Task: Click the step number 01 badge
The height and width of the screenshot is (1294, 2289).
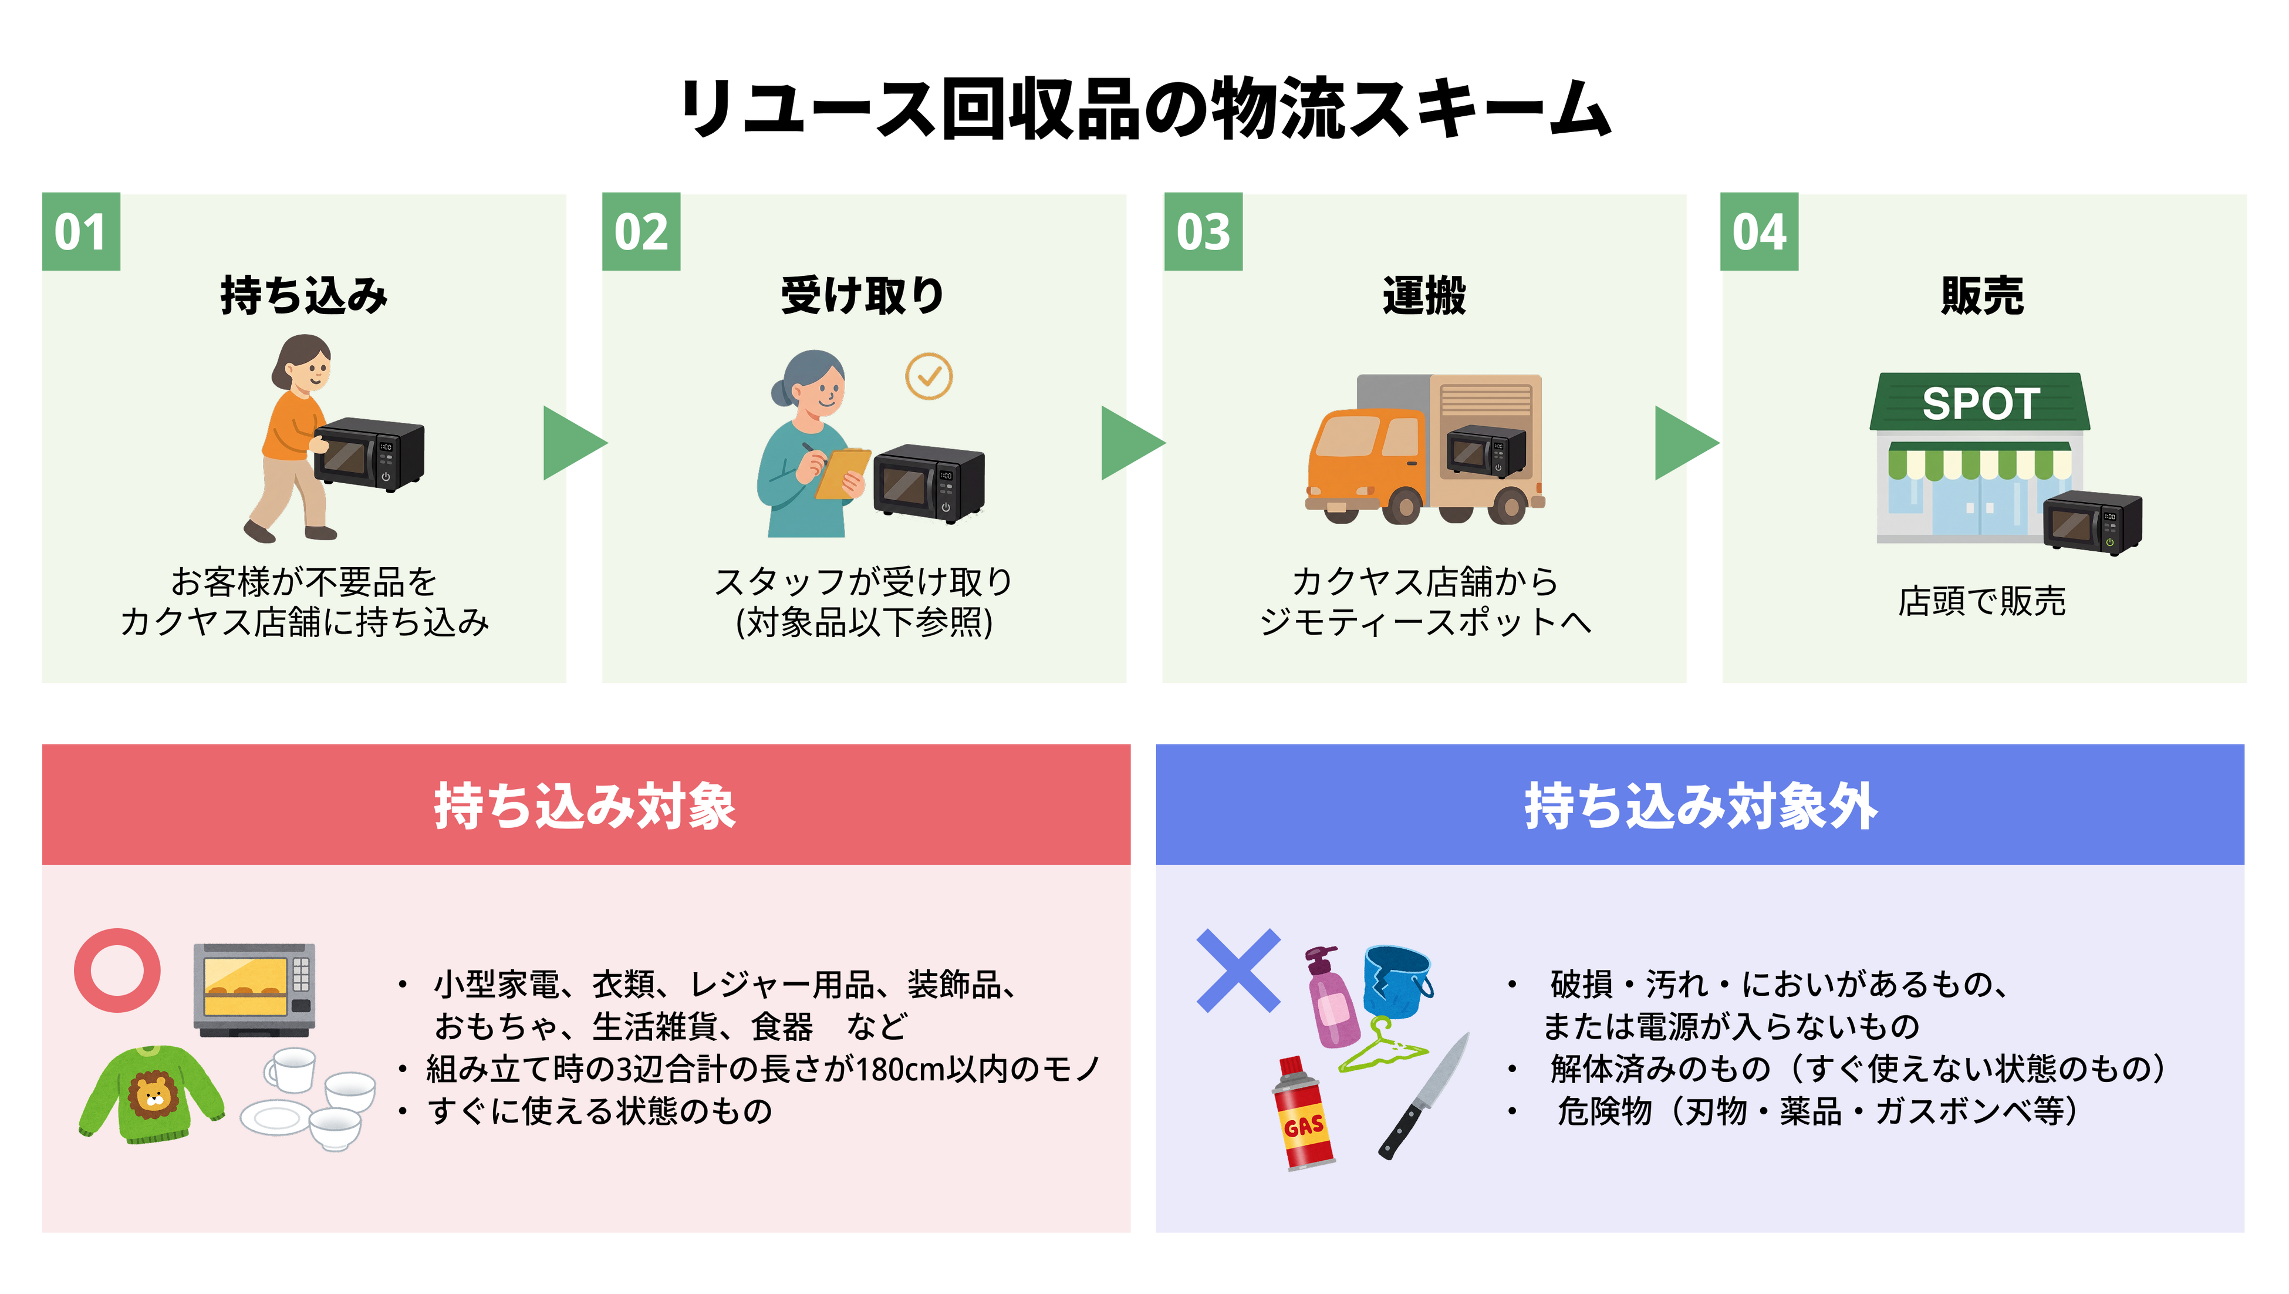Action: [81, 232]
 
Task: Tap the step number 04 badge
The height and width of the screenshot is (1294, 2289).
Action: [1758, 232]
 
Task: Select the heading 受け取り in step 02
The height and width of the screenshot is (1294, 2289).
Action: [862, 295]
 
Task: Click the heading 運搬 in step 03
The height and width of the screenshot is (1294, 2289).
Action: [1423, 295]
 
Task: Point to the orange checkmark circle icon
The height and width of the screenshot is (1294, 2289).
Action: [929, 377]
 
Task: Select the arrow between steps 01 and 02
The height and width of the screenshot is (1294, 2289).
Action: [574, 443]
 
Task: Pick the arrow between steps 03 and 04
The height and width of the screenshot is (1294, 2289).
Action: [1684, 443]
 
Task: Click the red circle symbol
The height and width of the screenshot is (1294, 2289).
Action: [117, 970]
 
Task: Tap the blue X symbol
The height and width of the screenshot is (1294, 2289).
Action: [1238, 970]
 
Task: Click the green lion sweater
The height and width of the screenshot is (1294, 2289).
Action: [151, 1095]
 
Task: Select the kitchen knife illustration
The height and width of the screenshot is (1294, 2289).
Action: [1423, 1097]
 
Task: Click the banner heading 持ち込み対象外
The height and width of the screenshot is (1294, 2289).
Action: [1700, 806]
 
